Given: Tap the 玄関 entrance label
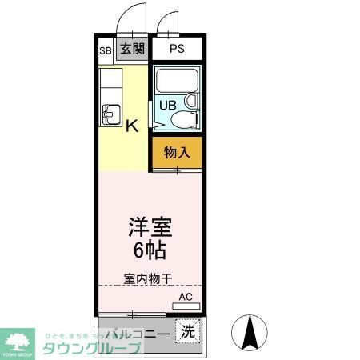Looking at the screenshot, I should [132, 48].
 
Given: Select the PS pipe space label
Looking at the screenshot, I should [178, 49].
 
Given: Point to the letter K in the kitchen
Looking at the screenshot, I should [132, 125].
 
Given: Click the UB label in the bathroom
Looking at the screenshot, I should [167, 104].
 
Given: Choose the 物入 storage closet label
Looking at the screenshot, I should [177, 152].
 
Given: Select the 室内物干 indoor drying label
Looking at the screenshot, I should [148, 279].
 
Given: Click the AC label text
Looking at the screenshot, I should [186, 296].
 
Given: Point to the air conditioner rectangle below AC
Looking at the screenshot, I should [186, 305].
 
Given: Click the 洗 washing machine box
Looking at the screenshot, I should [186, 330].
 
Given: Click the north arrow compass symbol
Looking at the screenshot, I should [249, 333].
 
